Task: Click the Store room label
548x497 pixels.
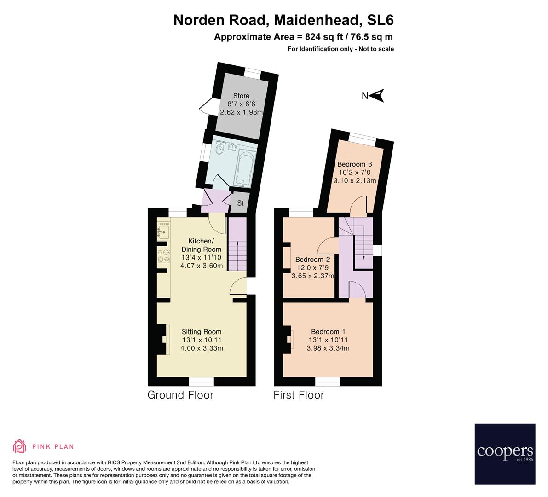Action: (x=241, y=96)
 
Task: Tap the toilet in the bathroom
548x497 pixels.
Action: (x=220, y=149)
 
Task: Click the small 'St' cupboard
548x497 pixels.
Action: (x=240, y=203)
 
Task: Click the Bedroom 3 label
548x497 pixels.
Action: (x=354, y=164)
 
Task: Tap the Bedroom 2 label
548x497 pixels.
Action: (x=312, y=259)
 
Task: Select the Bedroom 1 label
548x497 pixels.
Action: (x=328, y=331)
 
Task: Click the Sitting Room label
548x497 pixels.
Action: (x=202, y=331)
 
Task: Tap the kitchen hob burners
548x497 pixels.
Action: (x=163, y=256)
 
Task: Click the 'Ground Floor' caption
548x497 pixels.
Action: (x=180, y=395)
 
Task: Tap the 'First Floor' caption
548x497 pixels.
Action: (x=299, y=395)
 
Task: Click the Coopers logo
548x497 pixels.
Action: (x=505, y=454)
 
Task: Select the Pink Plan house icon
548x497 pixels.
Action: (x=20, y=446)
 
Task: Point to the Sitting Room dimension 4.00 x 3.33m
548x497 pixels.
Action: (x=202, y=348)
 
